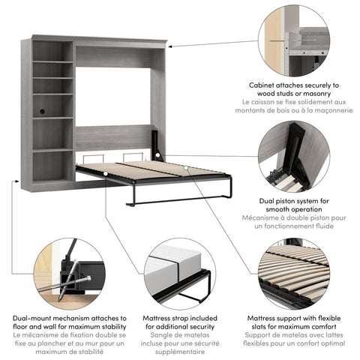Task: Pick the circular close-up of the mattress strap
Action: click(x=180, y=273)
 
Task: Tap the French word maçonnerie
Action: click(x=331, y=110)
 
